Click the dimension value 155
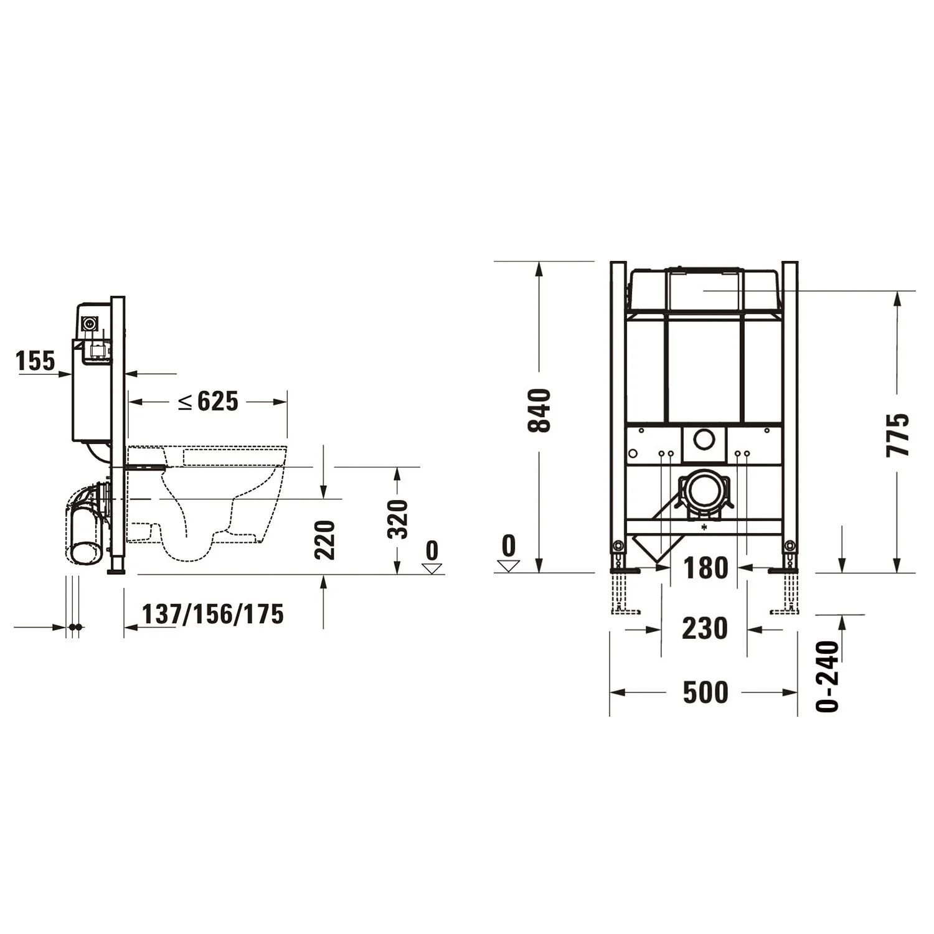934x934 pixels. click(x=35, y=361)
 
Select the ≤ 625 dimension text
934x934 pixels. click(x=209, y=402)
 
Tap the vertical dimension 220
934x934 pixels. click(x=325, y=539)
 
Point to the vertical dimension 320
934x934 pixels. click(x=397, y=519)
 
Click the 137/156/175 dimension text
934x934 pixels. click(x=213, y=614)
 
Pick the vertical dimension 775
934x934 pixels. click(x=897, y=434)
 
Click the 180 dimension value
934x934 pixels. click(x=705, y=568)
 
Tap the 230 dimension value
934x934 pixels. click(x=704, y=628)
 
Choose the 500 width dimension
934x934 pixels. click(x=705, y=692)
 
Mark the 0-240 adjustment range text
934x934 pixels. click(x=828, y=676)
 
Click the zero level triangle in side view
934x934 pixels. click(x=432, y=567)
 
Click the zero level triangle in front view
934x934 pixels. click(x=509, y=565)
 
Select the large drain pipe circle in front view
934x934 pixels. click(x=704, y=491)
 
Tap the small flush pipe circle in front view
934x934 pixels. click(x=704, y=440)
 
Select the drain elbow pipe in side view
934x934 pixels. click(x=84, y=523)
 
